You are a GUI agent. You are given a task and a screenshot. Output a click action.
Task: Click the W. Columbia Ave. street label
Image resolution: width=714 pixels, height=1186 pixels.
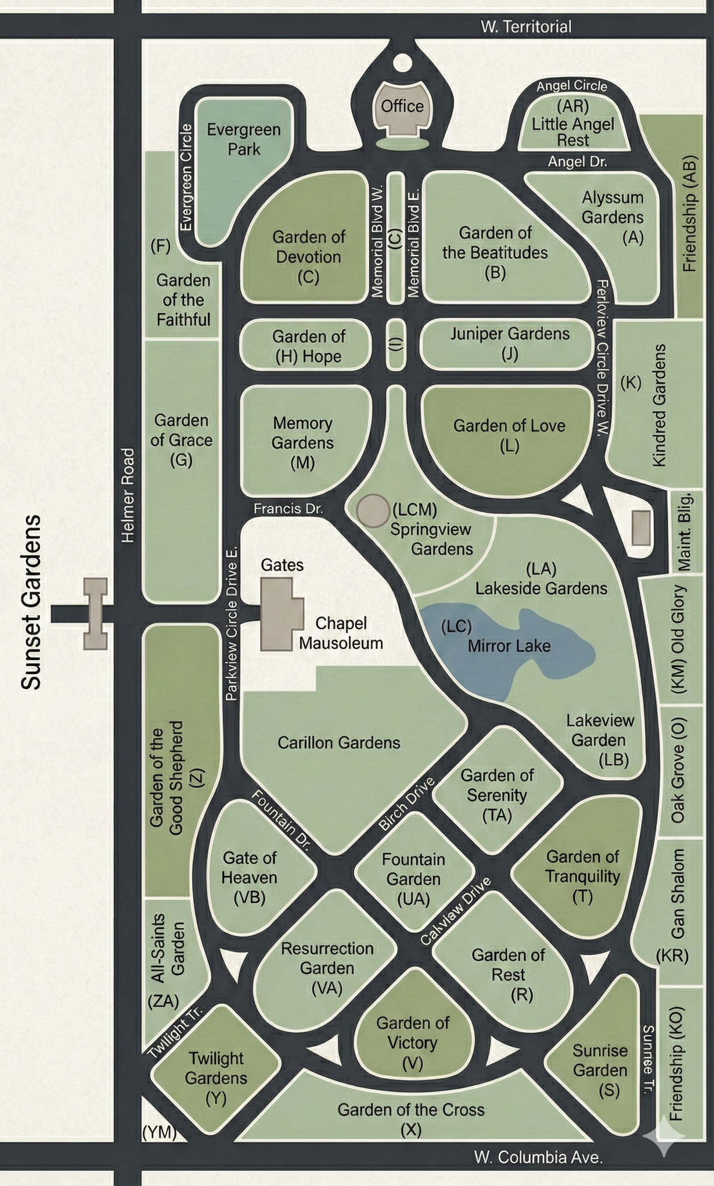coord(538,1157)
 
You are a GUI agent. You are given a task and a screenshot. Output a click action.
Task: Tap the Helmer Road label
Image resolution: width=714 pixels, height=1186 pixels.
coord(128,495)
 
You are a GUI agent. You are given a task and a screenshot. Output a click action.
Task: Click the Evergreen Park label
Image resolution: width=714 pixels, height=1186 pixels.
coord(244,139)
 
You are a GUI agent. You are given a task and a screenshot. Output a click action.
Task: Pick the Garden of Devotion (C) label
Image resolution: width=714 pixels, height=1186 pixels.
coord(308,257)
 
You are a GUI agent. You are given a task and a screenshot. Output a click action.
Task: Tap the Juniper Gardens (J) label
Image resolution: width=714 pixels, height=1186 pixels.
coord(510,344)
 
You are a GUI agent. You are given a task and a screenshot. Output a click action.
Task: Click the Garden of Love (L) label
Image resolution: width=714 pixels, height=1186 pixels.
coord(509,435)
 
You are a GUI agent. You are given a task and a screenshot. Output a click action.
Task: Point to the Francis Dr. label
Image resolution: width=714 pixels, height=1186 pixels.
coord(288,508)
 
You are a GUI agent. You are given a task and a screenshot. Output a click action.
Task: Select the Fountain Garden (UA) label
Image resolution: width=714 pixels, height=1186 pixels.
coord(413,879)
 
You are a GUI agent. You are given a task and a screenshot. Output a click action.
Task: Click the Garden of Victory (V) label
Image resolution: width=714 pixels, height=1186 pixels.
coord(413,1043)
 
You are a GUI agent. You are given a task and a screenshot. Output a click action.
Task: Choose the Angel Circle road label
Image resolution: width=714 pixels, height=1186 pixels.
coord(572,86)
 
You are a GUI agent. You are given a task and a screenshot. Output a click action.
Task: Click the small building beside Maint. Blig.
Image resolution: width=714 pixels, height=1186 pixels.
coord(640,528)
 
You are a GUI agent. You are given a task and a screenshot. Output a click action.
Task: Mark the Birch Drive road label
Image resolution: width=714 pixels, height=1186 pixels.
coord(406,804)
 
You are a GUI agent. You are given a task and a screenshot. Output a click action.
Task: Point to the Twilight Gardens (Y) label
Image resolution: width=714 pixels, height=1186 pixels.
coord(216,1078)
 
